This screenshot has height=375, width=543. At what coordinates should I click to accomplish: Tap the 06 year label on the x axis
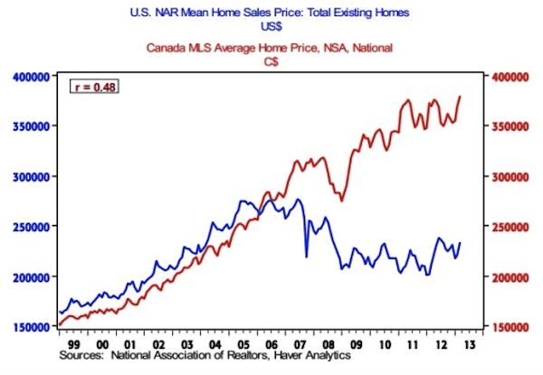(271, 344)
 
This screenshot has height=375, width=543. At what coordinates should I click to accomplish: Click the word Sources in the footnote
(81, 356)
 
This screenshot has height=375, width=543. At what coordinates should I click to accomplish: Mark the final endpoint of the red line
(461, 96)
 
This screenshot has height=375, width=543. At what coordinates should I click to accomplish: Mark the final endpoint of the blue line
(461, 243)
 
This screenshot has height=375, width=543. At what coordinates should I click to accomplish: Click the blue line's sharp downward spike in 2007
(306, 258)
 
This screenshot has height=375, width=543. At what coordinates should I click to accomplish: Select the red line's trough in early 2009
(341, 201)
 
